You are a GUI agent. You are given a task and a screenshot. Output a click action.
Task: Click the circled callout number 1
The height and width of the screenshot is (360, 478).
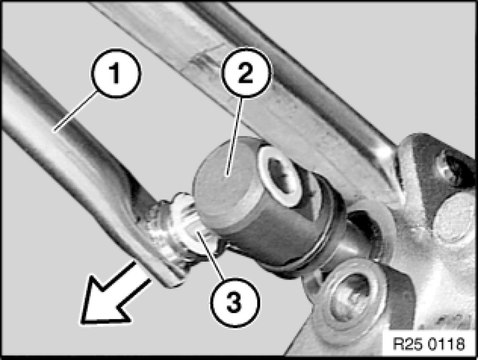116,73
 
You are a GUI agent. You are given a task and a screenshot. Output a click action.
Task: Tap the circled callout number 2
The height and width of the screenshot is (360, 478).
246,73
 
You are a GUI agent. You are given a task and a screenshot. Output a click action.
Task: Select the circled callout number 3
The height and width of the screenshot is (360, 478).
234,302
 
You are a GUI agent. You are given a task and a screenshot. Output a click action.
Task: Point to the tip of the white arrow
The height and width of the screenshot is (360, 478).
82,322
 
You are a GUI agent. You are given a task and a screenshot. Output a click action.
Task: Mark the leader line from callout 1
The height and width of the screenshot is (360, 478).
75,112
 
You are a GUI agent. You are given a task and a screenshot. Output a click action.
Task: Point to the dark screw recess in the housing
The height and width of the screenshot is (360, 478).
451,169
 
